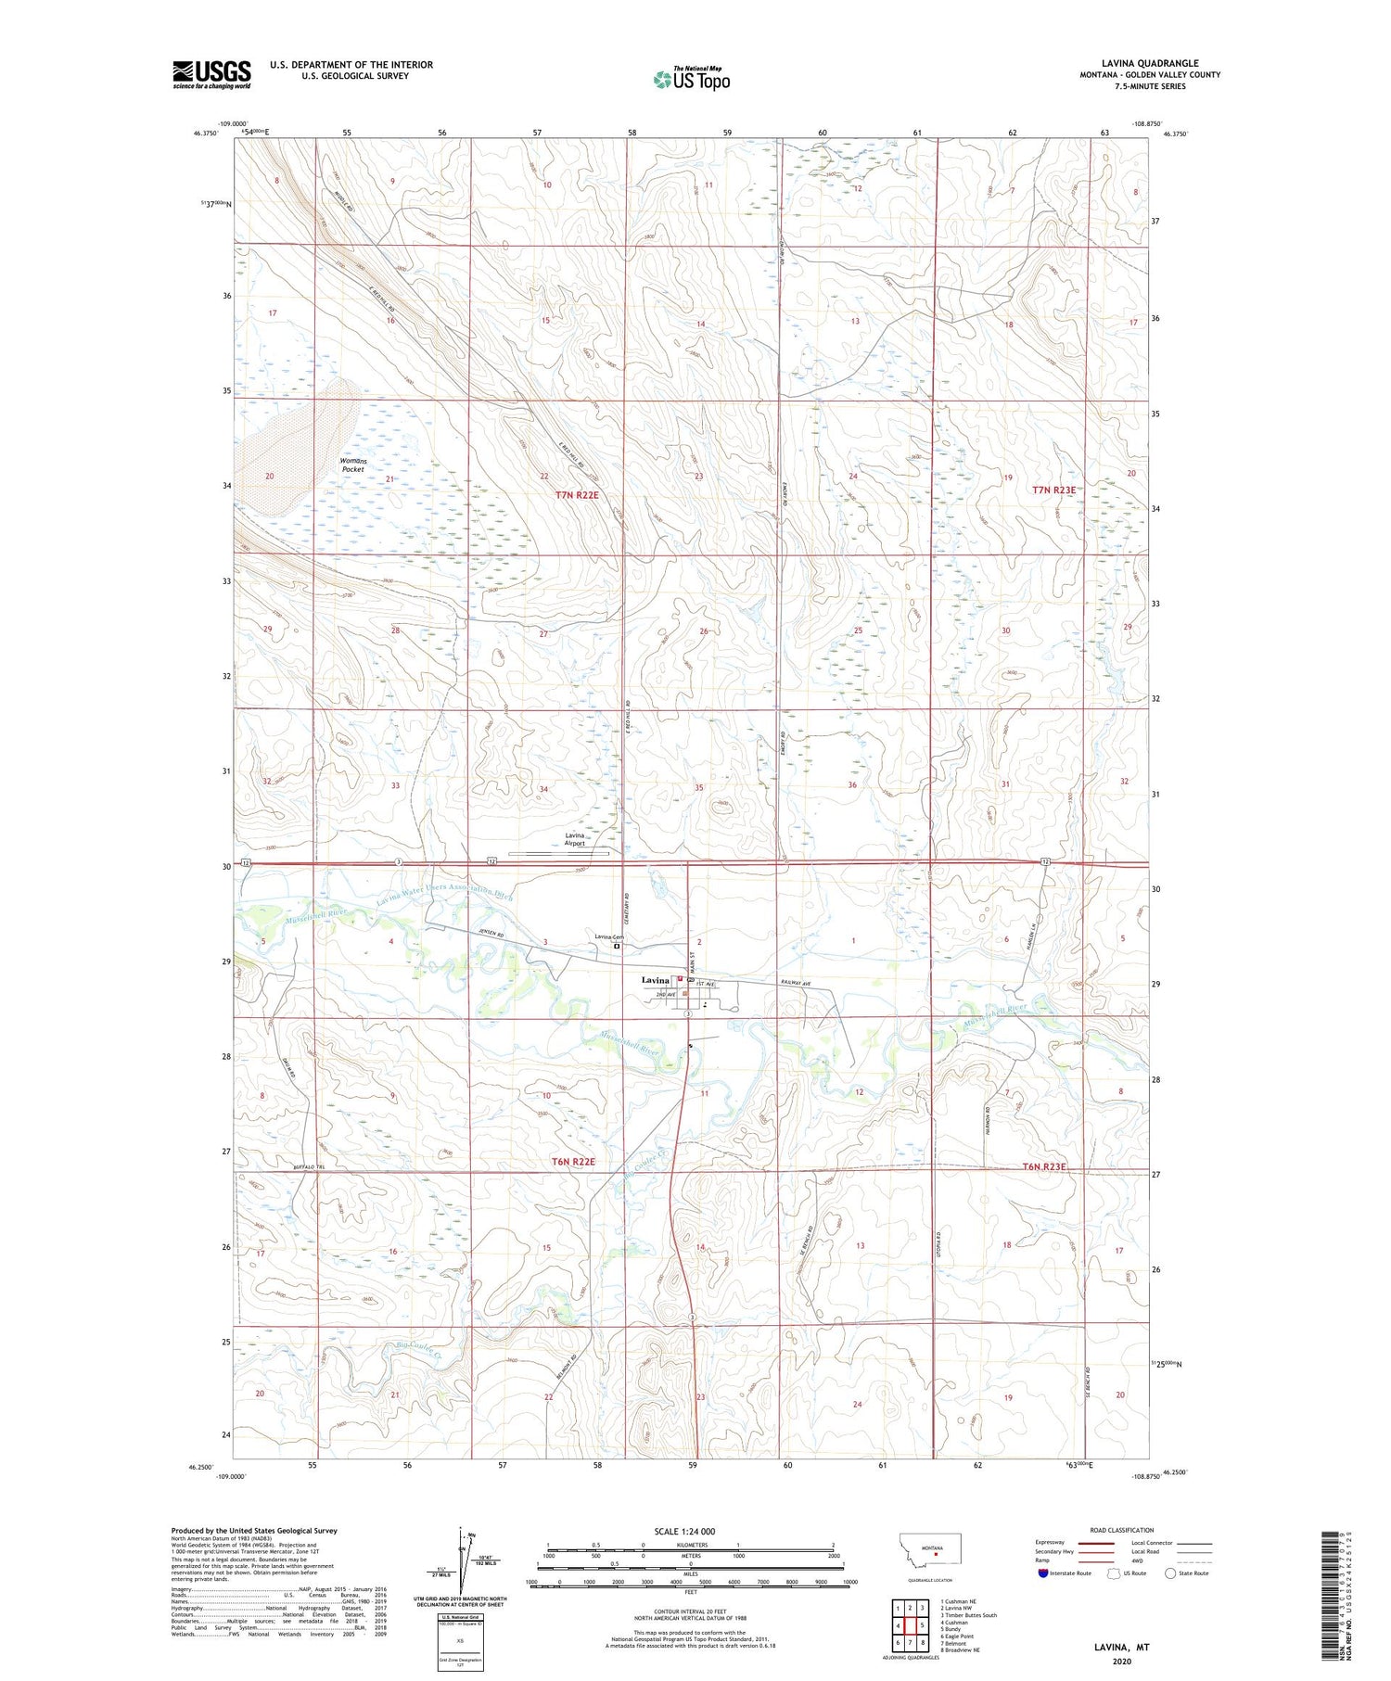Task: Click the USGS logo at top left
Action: click(x=211, y=74)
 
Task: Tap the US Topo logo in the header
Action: click(x=691, y=80)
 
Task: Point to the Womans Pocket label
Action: click(x=352, y=465)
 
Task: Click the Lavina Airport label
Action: click(x=576, y=839)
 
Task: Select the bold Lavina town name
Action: click(x=655, y=980)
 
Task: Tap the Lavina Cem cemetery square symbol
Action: click(x=617, y=947)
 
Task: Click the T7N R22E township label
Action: click(x=577, y=495)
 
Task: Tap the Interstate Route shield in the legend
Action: click(x=1042, y=1573)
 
